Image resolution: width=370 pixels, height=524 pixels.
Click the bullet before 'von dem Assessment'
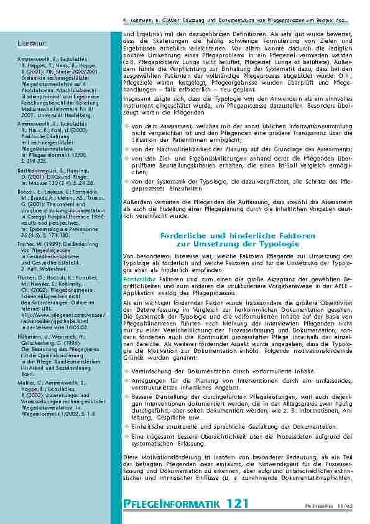(x=127, y=125)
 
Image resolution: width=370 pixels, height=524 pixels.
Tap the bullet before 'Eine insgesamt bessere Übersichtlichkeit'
(x=127, y=436)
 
